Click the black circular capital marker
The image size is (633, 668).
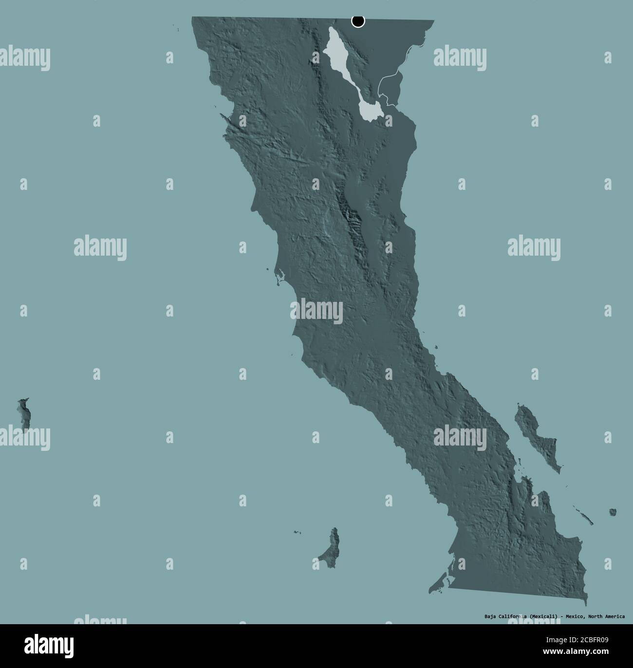click(358, 21)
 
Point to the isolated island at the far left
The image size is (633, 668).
click(23, 414)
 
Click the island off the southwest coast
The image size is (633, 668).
click(330, 545)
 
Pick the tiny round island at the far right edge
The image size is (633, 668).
click(613, 512)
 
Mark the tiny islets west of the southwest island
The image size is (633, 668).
click(297, 533)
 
